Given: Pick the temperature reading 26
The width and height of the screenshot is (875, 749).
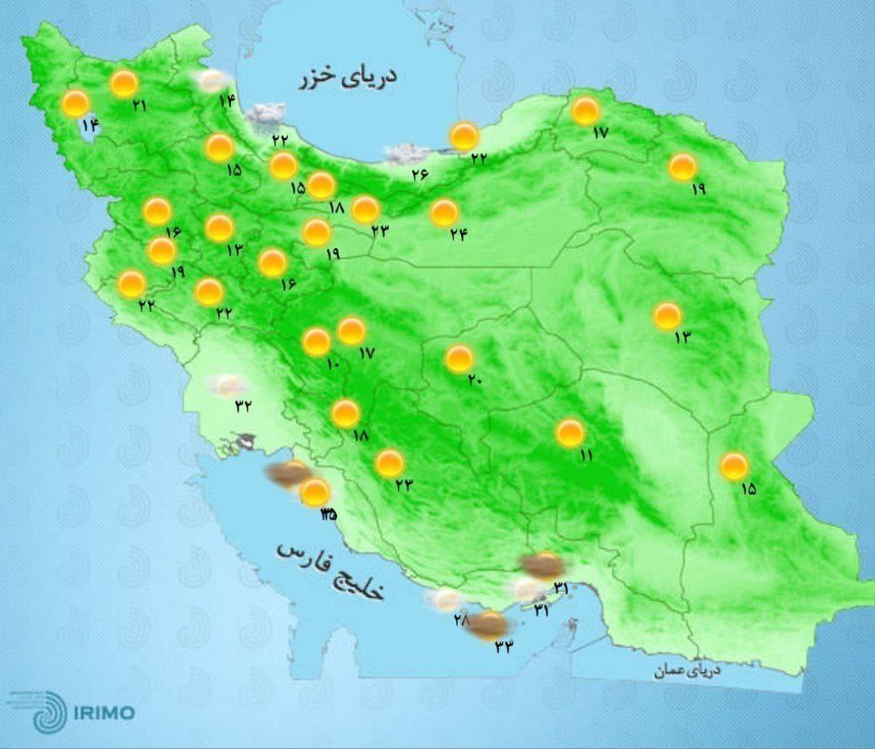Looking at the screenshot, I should click(419, 173).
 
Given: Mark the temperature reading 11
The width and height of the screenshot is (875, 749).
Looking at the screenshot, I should click(585, 456).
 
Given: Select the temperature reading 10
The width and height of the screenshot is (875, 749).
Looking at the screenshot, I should click(332, 365).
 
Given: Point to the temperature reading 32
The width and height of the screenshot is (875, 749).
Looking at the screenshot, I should click(243, 406).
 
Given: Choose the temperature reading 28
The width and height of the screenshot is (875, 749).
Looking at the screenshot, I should click(461, 619).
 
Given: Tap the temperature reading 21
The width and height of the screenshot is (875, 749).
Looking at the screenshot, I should click(139, 105).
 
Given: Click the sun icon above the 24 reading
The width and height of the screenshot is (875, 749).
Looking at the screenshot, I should click(444, 213).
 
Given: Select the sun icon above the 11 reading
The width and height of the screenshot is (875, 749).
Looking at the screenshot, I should click(570, 433).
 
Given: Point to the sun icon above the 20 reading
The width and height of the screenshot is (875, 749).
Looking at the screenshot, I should click(459, 358).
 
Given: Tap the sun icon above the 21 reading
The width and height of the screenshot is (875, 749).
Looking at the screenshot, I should click(124, 83).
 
